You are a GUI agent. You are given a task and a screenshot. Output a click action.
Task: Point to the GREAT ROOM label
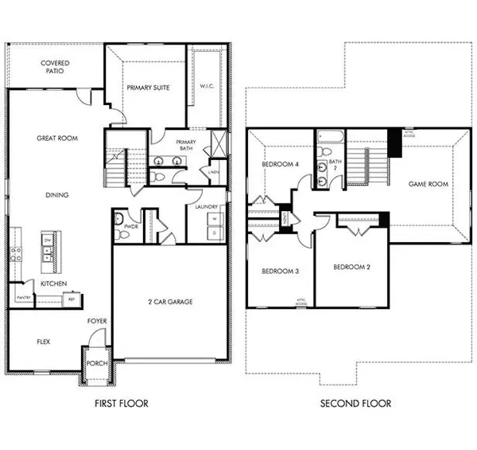click(56, 138)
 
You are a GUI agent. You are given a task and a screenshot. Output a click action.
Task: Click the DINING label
click(56, 194)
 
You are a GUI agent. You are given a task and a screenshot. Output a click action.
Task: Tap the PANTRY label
click(23, 298)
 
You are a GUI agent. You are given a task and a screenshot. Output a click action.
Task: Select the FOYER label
click(97, 321)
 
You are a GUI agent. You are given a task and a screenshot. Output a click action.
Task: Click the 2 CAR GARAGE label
click(170, 301)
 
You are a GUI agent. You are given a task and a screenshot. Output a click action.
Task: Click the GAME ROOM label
click(428, 184)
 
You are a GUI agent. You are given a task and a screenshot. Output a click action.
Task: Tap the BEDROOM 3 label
click(280, 272)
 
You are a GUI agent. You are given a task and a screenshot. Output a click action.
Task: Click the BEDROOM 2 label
click(351, 267)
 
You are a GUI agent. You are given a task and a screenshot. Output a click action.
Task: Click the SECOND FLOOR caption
click(355, 404)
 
